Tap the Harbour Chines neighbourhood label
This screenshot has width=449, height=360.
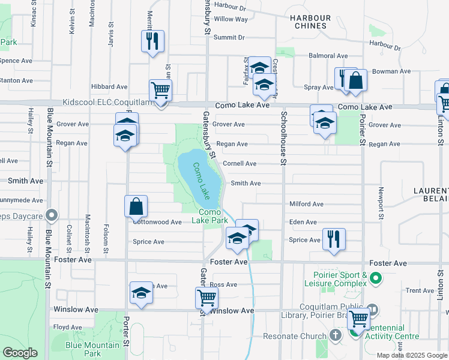[309, 22]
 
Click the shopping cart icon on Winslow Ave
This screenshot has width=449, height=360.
[206, 297]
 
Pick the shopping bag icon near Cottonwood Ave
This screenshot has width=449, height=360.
[136, 206]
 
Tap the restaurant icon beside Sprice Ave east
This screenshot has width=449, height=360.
[334, 238]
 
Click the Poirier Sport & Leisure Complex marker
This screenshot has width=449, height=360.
[376, 278]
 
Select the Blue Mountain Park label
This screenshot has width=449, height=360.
[92, 349]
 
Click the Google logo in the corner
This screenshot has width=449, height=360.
[20, 353]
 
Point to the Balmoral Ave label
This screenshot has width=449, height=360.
[328, 56]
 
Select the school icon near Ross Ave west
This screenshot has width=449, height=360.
[141, 292]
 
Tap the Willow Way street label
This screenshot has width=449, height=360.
[231, 19]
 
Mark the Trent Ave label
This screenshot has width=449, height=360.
[420, 290]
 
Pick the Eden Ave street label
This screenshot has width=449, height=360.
[303, 222]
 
